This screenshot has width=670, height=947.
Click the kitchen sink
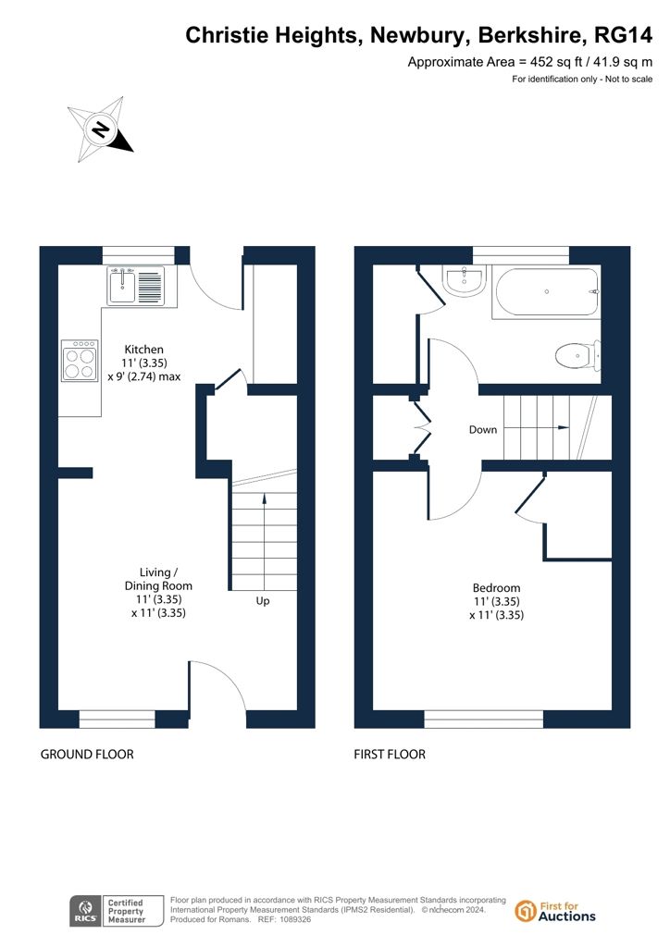pos(136,286)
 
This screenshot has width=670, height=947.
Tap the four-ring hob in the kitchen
pos(80,361)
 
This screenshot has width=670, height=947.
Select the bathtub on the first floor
pos(546,292)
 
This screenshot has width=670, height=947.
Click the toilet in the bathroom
pos(577,356)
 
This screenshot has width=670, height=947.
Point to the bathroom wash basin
pos(464,280)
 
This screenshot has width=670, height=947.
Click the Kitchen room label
pos(143,349)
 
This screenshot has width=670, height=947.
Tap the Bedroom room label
pos(496,587)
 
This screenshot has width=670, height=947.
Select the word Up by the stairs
pos(263,601)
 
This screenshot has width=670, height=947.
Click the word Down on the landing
pos(483,429)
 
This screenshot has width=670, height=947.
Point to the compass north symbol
pos(100,129)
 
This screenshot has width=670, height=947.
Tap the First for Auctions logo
pos(555,911)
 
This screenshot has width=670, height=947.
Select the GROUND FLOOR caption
pos(87,755)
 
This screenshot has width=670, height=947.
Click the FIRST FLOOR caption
pos(390,755)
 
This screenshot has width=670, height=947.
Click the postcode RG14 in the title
pos(624,36)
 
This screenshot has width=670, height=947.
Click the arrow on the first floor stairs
pos(537,427)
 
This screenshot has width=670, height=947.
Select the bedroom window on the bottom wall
pos(484,719)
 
